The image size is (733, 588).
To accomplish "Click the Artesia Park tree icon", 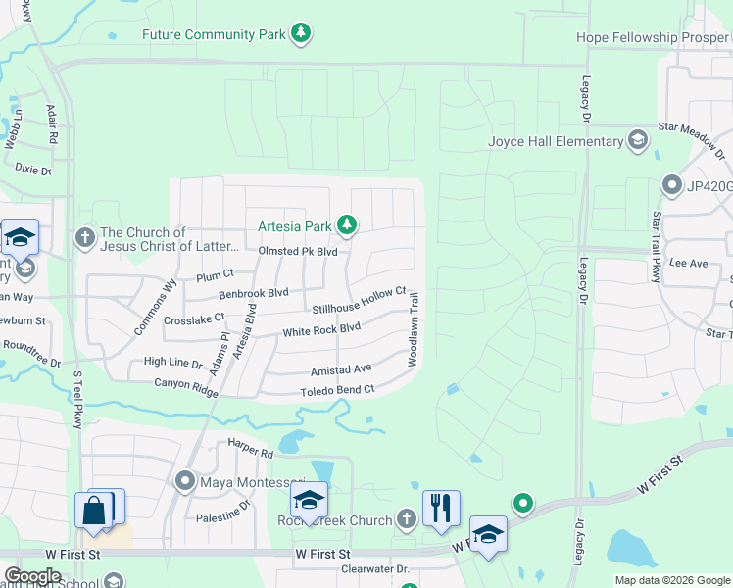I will coord(346,226).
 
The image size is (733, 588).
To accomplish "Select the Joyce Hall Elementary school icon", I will coord(639,141).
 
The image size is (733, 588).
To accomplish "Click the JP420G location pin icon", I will coord(672,184).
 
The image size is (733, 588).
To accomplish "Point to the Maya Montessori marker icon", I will coord(186,482).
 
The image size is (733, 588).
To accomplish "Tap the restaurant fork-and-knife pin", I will coord(441,508).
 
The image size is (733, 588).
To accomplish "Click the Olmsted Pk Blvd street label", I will coord(298,252).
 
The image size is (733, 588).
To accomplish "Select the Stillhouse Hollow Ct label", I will coord(359,301).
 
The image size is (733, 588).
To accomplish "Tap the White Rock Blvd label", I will coord(321,330).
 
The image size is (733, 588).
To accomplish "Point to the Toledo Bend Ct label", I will coord(337,390).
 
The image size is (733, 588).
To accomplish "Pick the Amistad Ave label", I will coord(341,369).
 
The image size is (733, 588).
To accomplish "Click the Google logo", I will coord(32,576).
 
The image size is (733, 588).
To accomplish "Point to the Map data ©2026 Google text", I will coord(671,580).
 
